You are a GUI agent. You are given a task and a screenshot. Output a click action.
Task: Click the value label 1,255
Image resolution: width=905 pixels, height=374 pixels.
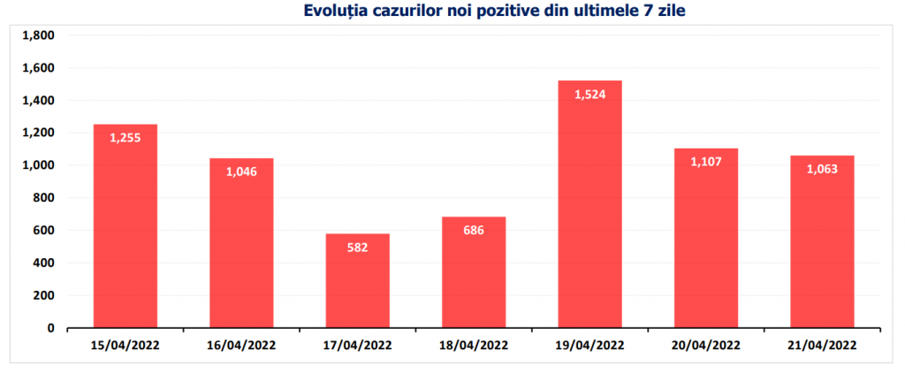pyautogui.click(x=125, y=138)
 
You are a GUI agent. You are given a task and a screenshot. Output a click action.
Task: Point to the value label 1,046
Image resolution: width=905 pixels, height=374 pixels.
pyautogui.click(x=241, y=172)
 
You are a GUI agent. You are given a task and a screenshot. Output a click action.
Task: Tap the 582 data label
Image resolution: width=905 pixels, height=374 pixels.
pyautogui.click(x=357, y=247)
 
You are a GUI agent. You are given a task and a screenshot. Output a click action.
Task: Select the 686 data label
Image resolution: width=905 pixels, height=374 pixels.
pyautogui.click(x=474, y=230)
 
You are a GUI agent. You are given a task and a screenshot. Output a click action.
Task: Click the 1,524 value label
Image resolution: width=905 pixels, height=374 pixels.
pyautogui.click(x=589, y=95)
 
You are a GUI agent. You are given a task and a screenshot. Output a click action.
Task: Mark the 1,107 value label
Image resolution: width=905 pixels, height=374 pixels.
pyautogui.click(x=705, y=162)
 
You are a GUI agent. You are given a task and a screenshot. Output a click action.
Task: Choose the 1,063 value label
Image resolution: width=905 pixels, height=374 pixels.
pyautogui.click(x=822, y=169)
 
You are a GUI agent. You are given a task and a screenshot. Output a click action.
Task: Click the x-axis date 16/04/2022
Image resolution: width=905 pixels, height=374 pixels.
pyautogui.click(x=241, y=345)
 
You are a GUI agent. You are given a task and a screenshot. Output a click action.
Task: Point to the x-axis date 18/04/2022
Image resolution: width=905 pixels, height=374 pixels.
pyautogui.click(x=474, y=345)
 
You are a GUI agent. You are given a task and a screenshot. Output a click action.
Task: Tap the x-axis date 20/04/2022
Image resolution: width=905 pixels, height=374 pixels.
pyautogui.click(x=705, y=345)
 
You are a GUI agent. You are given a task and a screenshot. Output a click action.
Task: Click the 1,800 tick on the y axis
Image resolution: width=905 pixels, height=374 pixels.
pyautogui.click(x=37, y=36)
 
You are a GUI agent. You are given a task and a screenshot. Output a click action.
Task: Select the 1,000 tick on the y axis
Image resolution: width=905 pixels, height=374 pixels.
pyautogui.click(x=37, y=165)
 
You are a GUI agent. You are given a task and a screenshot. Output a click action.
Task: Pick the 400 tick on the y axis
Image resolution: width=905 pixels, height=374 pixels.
pyautogui.click(x=42, y=263)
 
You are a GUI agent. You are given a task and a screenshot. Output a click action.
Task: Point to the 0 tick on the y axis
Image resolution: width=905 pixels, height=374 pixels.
pyautogui.click(x=50, y=328)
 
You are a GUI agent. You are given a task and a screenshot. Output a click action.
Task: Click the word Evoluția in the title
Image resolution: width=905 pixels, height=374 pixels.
pyautogui.click(x=335, y=11)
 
